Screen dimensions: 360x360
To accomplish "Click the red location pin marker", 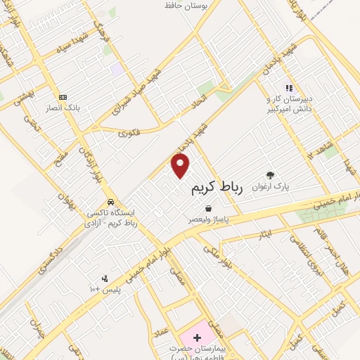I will click(181, 165).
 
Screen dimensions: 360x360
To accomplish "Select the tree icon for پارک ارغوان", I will click(271, 175).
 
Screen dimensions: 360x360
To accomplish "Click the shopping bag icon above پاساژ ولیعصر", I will click(209, 208).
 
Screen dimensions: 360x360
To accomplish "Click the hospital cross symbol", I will click(197, 338).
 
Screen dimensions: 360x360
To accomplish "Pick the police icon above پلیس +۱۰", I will click(105, 278).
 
